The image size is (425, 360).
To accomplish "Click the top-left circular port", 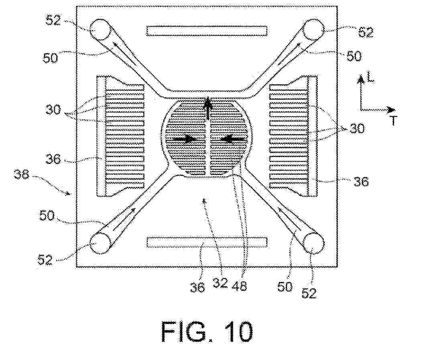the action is click(100, 30).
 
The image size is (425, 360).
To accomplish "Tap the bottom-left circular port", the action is click(100, 243).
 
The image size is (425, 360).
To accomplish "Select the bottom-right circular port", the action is click(313, 243).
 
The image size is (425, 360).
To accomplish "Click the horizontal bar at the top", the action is click(207, 31).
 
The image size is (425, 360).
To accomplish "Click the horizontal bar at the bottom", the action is click(207, 242).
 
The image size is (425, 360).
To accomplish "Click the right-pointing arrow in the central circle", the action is click(184, 139).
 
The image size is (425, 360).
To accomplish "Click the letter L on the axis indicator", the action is click(370, 78).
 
